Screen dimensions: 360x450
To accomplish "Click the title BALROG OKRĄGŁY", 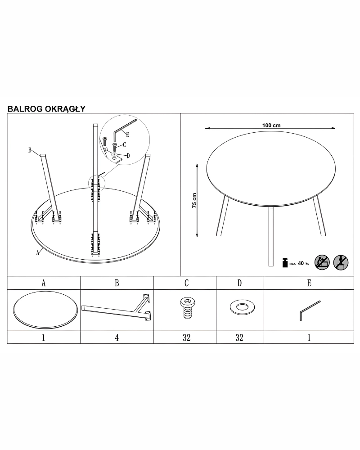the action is tap(46, 109).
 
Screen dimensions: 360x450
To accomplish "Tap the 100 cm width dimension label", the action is tap(271, 126).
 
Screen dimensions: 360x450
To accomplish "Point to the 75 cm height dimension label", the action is tap(195, 200).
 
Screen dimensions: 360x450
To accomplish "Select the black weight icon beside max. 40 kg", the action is tap(285, 263).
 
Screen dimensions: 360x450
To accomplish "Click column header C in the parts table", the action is tap(187, 283).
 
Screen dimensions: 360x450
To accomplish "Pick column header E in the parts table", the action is tap(309, 283).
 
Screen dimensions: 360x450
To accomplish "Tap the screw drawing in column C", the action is tap(188, 308).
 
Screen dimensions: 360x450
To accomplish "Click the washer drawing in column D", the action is tap(242, 307).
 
